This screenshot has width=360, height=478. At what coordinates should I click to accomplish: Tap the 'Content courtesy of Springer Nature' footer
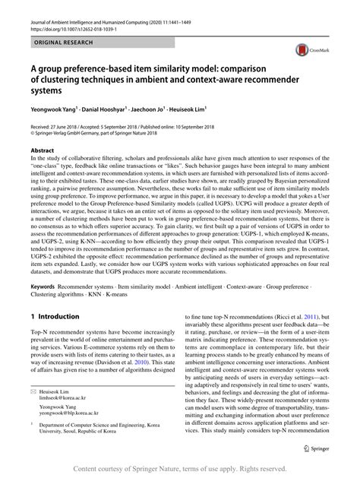(x=179, y=468)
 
